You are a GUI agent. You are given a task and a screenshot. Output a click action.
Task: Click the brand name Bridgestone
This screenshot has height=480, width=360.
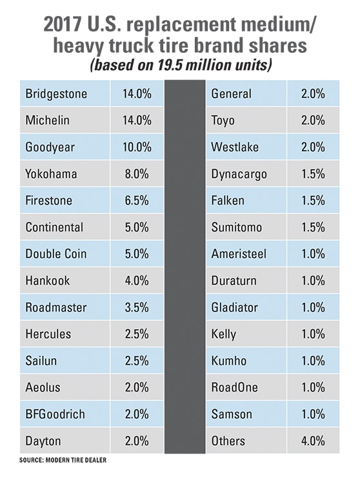56,94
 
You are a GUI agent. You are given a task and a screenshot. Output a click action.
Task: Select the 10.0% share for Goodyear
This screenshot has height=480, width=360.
136,147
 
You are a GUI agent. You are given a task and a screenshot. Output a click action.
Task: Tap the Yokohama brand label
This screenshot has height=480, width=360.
51,174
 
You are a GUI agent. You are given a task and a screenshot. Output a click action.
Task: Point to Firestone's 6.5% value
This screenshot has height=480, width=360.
136,201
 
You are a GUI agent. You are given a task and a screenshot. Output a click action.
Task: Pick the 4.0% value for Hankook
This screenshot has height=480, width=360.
136,281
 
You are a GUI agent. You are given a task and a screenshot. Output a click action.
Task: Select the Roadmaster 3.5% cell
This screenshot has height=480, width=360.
136,307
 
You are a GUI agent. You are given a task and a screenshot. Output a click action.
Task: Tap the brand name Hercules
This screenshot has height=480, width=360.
48,334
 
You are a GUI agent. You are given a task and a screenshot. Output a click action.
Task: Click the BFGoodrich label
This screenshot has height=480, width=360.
55,414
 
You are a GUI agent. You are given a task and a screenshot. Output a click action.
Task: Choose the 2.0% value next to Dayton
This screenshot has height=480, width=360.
136,441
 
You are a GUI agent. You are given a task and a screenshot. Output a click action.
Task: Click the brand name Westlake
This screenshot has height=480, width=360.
235,147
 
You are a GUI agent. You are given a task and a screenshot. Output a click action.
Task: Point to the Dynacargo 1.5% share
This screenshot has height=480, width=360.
313,174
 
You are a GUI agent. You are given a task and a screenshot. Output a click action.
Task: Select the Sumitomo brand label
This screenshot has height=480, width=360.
237,227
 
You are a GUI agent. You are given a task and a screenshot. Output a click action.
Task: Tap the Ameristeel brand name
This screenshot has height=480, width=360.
239,254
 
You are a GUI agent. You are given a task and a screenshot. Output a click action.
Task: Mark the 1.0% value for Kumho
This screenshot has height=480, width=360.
313,361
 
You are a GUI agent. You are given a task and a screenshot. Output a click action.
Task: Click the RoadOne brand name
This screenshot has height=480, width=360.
234,388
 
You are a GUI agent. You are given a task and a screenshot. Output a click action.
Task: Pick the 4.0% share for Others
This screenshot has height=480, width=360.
313,441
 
